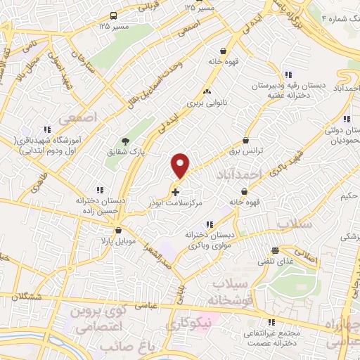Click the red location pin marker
[181, 165]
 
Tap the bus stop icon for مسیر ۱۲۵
[115, 15]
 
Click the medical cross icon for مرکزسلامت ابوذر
[175, 191]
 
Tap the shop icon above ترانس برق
[245, 141]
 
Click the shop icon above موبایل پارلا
[118, 230]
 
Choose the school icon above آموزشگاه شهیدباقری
[47, 129]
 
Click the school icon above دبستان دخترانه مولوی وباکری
[210, 224]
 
